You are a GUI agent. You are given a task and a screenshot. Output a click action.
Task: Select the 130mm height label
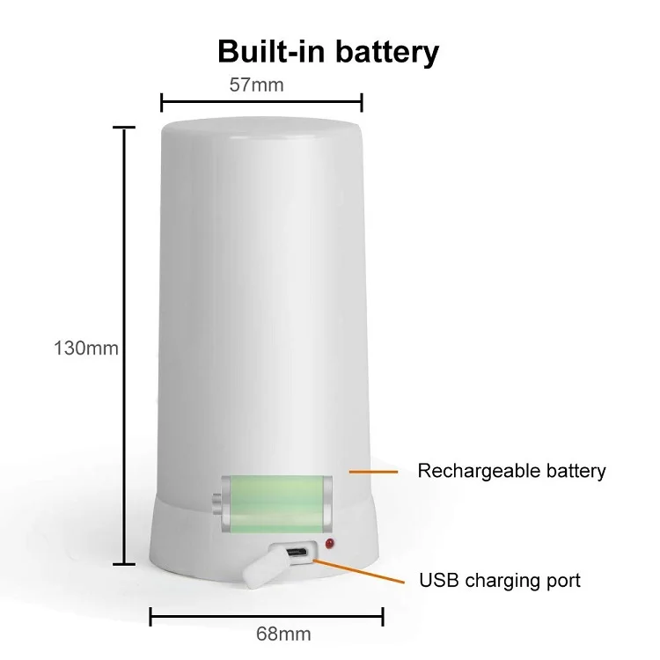click(85, 348)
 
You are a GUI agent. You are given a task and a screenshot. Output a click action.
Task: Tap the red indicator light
click(330, 544)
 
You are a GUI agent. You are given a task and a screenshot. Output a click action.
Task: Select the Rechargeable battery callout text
click(511, 471)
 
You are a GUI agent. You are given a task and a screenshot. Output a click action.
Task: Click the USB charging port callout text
click(500, 581)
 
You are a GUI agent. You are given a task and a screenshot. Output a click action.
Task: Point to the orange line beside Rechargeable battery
click(369, 472)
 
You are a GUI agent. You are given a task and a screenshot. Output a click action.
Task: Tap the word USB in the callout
click(437, 581)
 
